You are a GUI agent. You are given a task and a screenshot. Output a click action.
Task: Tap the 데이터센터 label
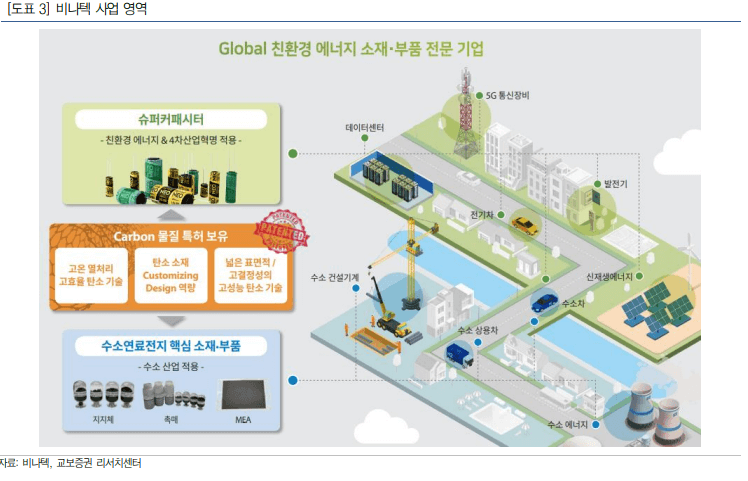(365, 129)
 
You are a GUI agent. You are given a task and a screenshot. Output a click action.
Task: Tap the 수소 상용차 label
(478, 329)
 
